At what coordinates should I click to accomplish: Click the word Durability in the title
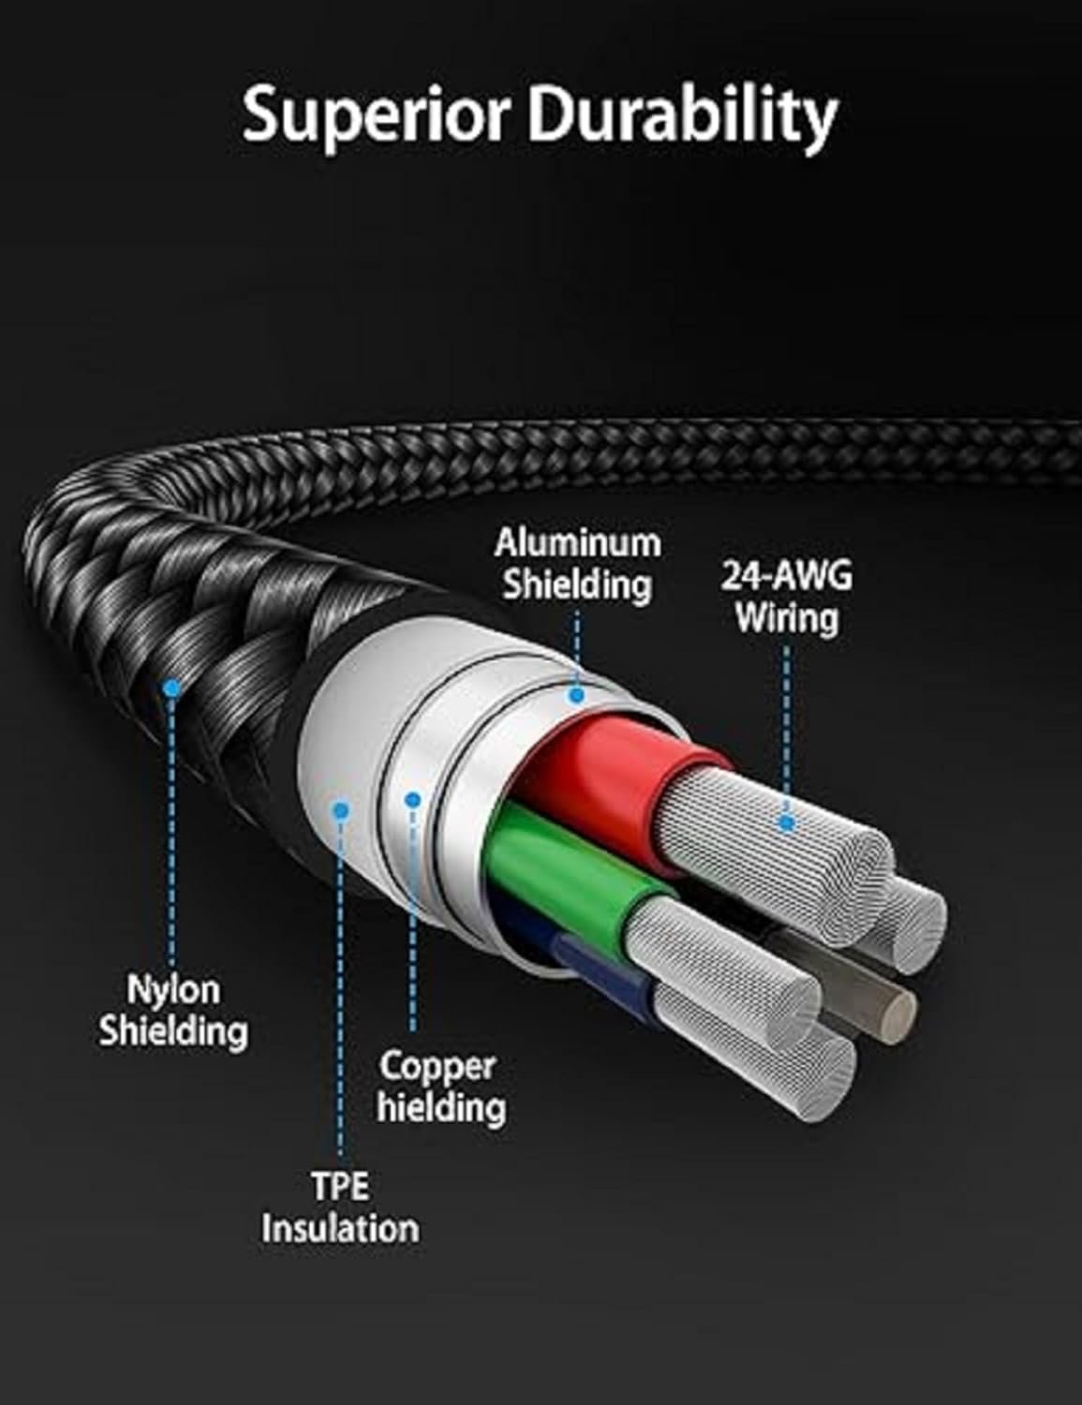681,115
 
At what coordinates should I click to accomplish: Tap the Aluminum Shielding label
577,563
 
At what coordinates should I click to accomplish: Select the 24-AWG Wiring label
786,597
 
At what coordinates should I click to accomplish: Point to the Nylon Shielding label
173,1010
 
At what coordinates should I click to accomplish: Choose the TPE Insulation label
340,1207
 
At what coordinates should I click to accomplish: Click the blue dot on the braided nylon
170,689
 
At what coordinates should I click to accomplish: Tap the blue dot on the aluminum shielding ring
576,695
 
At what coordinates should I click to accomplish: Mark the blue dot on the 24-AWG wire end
787,823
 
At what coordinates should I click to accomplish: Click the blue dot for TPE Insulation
341,810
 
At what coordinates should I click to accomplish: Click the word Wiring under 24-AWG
786,618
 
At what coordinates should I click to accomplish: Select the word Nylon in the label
173,989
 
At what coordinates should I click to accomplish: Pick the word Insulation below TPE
340,1228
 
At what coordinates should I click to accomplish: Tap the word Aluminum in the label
577,542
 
